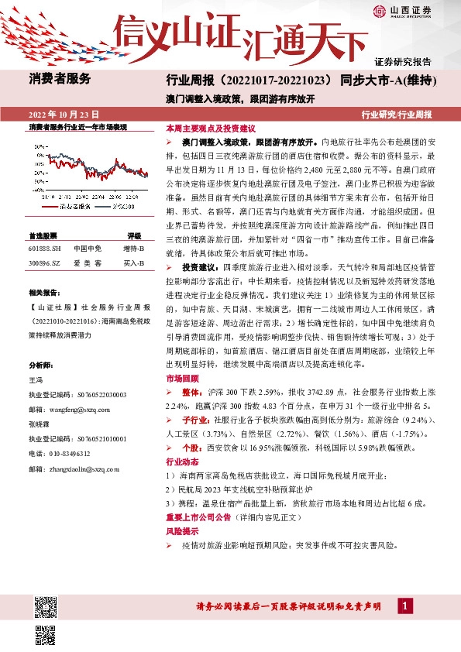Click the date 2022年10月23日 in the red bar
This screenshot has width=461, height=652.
point(64,114)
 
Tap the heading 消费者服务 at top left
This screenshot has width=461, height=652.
point(60,78)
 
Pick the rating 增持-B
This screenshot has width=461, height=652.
point(133,249)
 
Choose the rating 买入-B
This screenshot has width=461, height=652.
point(133,263)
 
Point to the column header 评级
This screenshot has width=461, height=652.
point(134,235)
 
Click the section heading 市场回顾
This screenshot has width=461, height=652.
point(182,379)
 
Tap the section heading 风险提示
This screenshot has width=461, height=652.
point(182,532)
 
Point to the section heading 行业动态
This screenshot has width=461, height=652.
point(182,462)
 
